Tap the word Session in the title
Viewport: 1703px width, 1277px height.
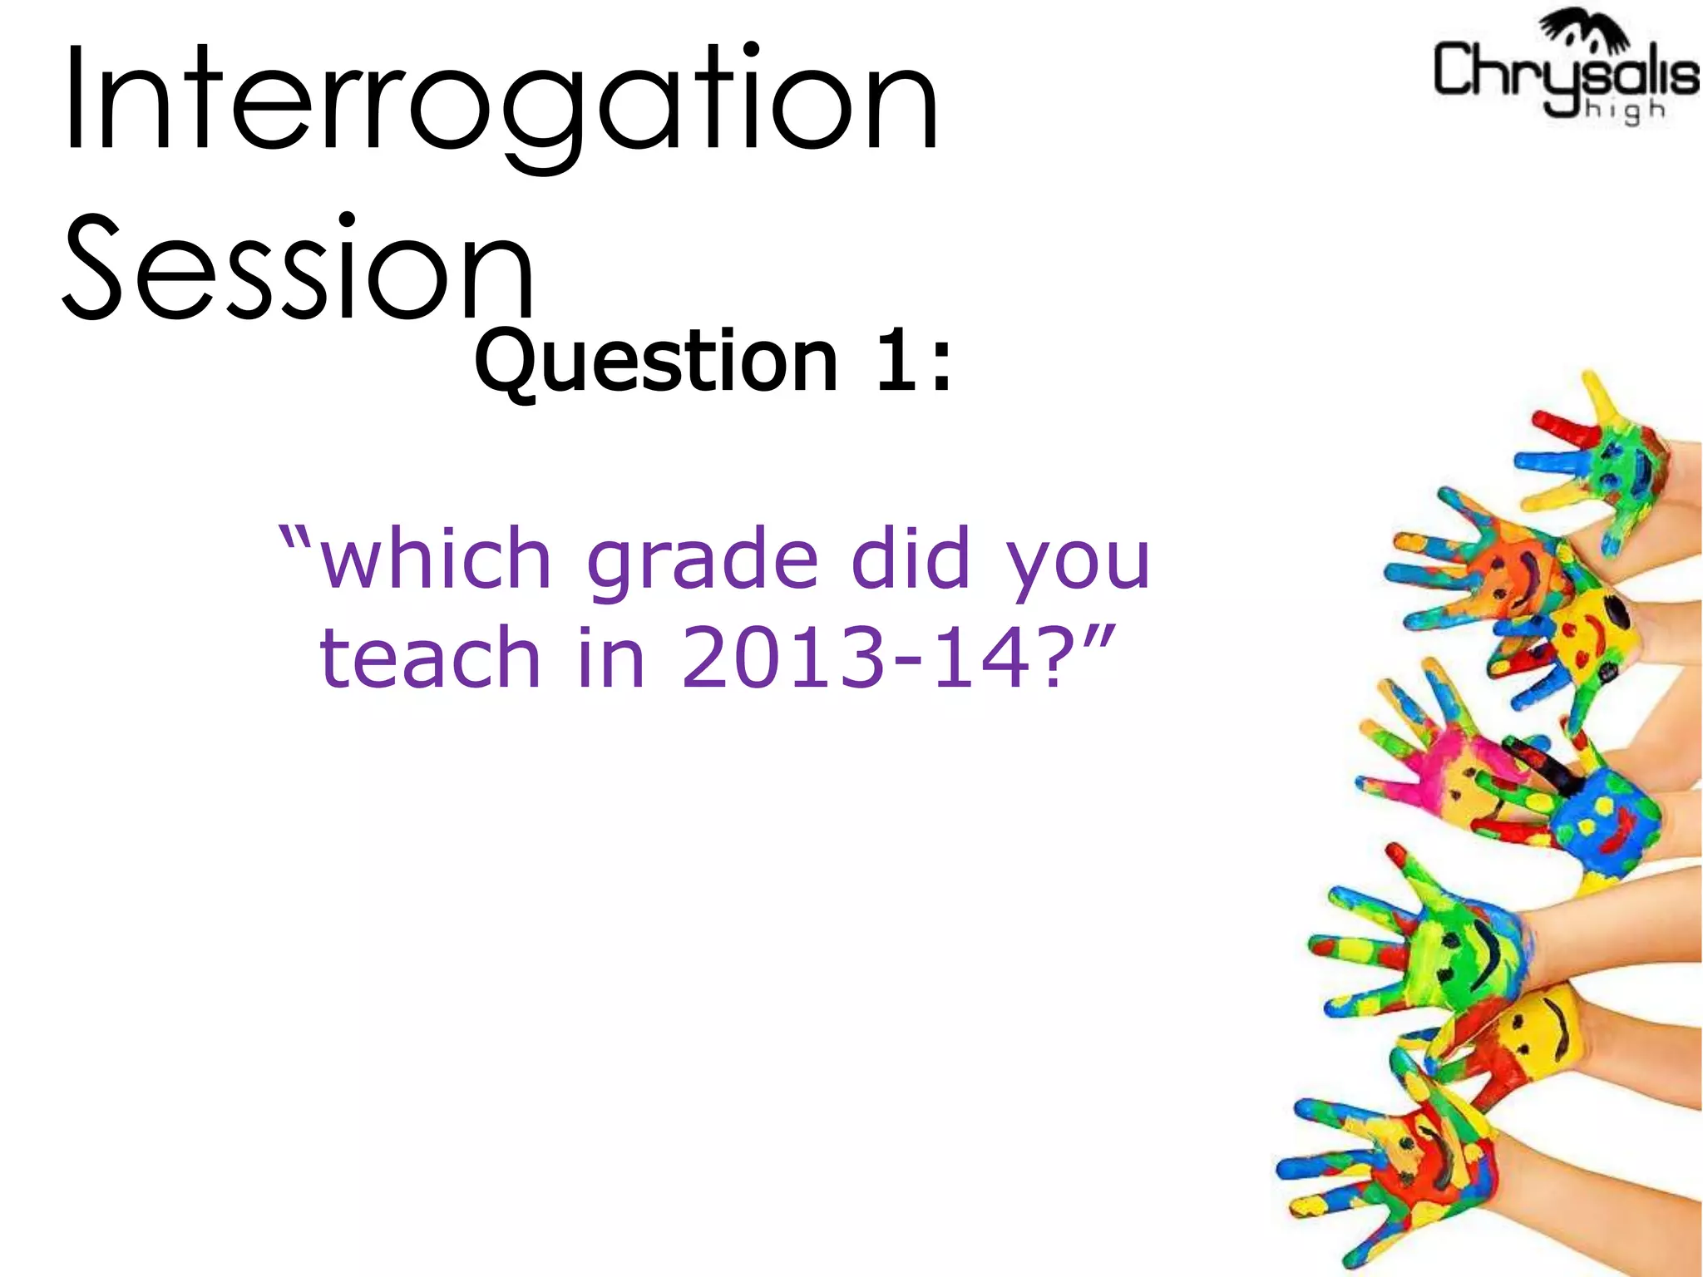(x=298, y=268)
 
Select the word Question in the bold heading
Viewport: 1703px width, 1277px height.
(x=656, y=362)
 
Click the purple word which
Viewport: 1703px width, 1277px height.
(x=436, y=559)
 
